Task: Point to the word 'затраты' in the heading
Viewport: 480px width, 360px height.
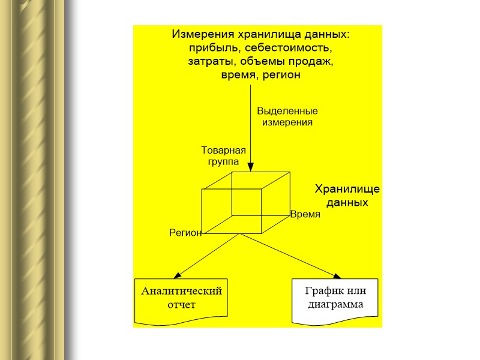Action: point(208,62)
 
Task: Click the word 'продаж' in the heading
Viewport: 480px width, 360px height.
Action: point(315,62)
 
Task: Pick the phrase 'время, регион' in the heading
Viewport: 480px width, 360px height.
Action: point(260,76)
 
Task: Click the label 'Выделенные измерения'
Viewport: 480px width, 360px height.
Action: point(287,116)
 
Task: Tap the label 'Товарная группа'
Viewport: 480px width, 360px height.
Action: point(223,156)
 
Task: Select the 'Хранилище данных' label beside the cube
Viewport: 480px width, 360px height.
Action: point(347,196)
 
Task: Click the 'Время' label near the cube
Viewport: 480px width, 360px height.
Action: point(305,214)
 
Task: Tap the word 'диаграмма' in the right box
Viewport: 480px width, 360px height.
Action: point(335,305)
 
